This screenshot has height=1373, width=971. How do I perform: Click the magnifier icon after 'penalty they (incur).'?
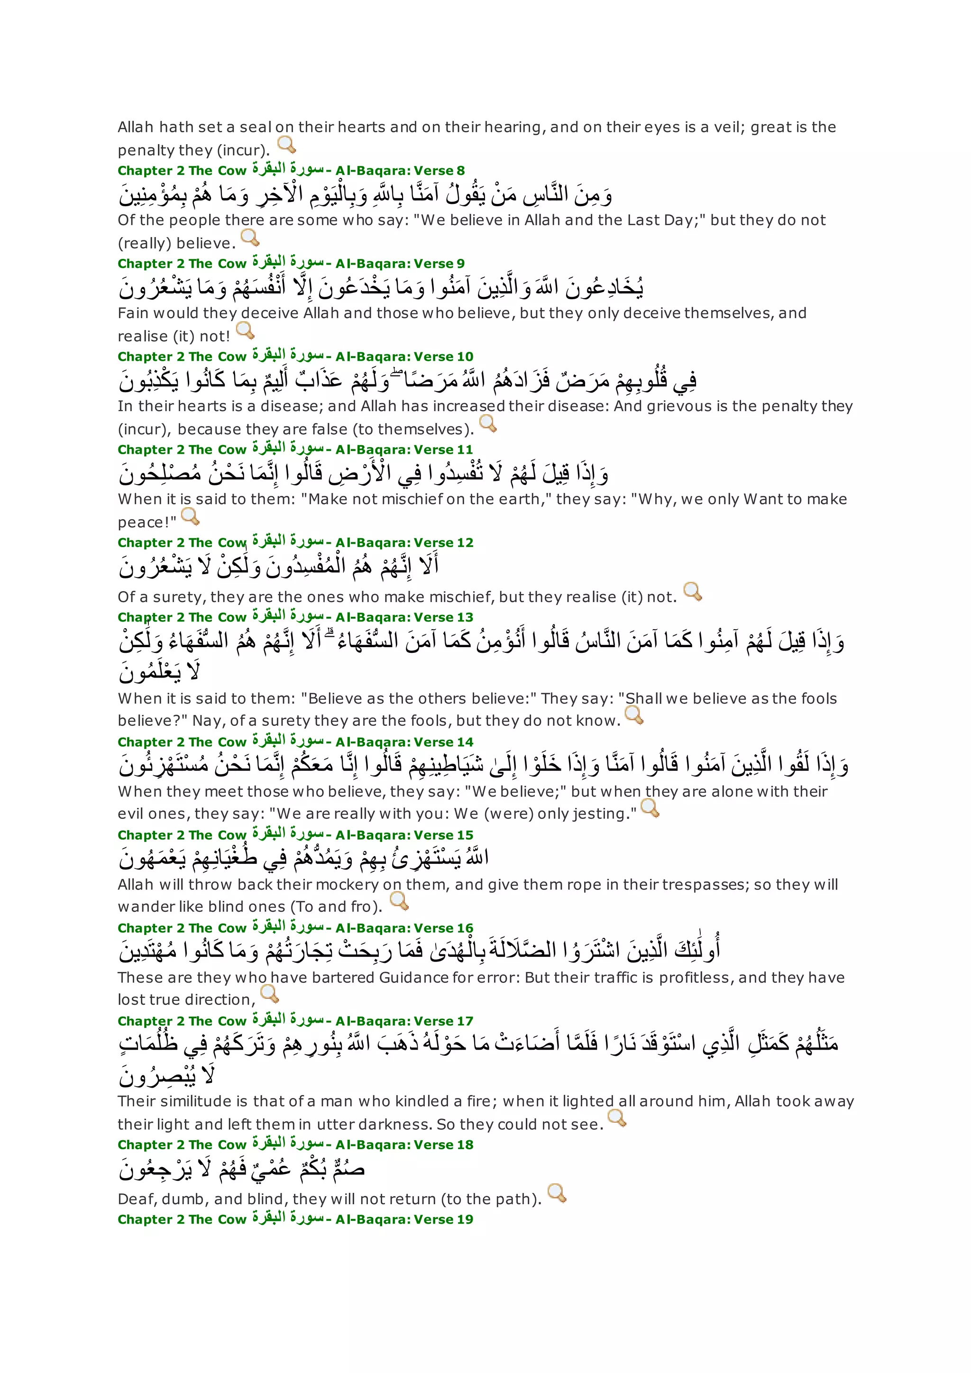(287, 145)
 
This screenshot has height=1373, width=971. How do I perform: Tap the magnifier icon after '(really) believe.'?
(250, 238)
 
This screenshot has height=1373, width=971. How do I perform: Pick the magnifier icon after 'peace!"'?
(190, 517)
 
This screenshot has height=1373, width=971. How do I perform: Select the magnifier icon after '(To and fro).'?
(399, 901)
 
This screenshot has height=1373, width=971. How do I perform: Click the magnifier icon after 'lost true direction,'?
(270, 994)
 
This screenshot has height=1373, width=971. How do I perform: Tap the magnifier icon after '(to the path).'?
(557, 1193)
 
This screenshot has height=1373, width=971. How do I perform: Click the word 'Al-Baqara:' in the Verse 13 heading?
(372, 618)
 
